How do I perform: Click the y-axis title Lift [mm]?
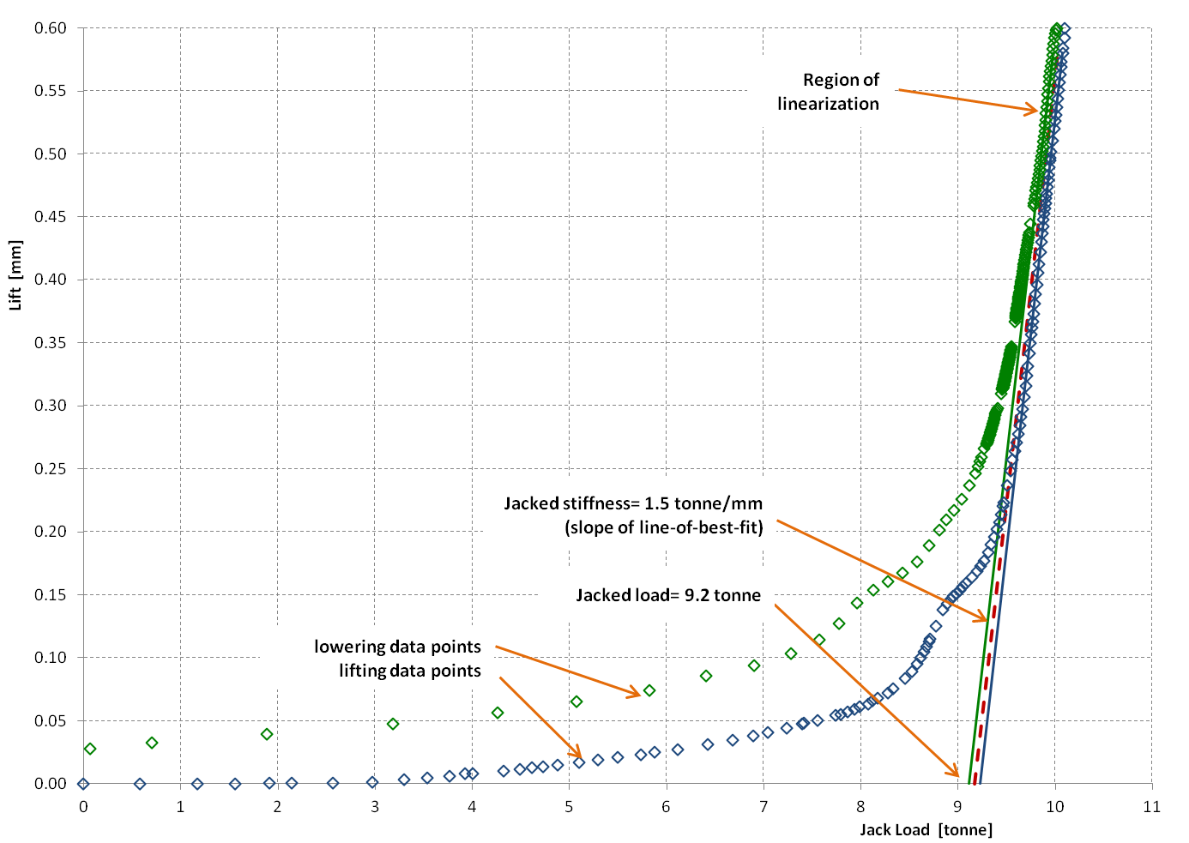coord(15,274)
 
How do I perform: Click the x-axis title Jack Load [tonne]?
coord(926,829)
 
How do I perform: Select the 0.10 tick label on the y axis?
coord(51,658)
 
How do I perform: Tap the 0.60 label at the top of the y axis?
coord(51,28)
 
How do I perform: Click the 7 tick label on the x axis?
coord(763,806)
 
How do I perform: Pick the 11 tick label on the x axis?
coord(1151,806)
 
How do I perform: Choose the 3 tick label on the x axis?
coord(375,806)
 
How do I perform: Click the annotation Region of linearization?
coord(829,92)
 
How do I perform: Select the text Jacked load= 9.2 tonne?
coord(668,595)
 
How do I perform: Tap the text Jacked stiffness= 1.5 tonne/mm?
coord(633,503)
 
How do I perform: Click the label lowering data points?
coord(397,647)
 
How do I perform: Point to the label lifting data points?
coord(409,671)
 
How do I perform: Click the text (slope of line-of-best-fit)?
coord(664,527)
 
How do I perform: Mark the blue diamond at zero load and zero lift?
coord(83,783)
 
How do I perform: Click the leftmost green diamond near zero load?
coord(90,749)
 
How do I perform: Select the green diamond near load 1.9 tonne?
coord(267,734)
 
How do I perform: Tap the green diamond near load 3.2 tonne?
coord(393,724)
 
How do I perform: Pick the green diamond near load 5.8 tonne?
coord(649,690)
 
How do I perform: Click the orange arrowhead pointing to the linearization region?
coord(1035,110)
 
